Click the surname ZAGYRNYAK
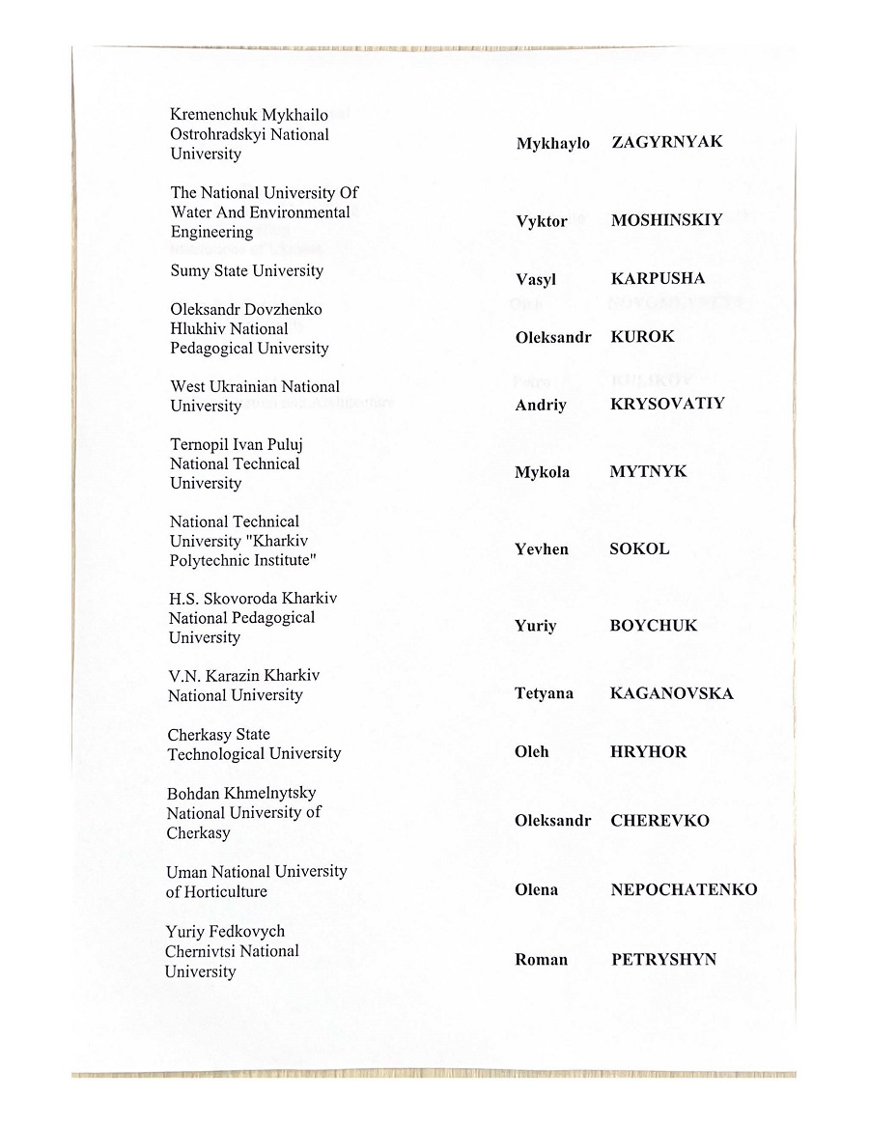pos(666,142)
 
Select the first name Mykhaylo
pos(552,144)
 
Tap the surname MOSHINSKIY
pos(666,220)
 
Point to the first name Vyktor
pos(542,222)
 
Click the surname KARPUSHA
pos(658,279)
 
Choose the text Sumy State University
pos(247,270)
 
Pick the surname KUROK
pos(642,337)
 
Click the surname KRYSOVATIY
pos(666,404)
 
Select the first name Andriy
pos(541,405)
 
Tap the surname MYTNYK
pos(648,472)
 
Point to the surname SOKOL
pos(638,548)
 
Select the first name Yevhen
pos(542,549)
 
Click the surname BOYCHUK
pos(653,626)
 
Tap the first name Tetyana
pos(544,693)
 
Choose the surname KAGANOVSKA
pos(671,693)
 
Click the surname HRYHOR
pos(648,751)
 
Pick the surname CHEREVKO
pos(659,821)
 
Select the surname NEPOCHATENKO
pos(684,889)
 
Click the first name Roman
pos(541,960)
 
